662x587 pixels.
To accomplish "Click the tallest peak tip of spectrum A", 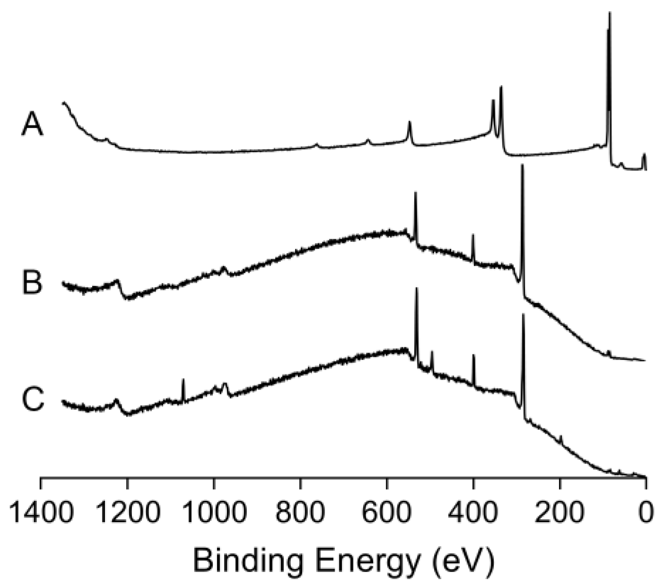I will (x=610, y=13).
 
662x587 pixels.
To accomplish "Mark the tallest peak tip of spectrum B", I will (x=522, y=165).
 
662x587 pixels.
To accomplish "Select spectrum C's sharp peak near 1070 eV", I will (x=183, y=380).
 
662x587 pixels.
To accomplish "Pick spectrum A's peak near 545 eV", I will (x=409, y=122).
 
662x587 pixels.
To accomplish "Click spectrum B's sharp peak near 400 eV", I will (x=473, y=235).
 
